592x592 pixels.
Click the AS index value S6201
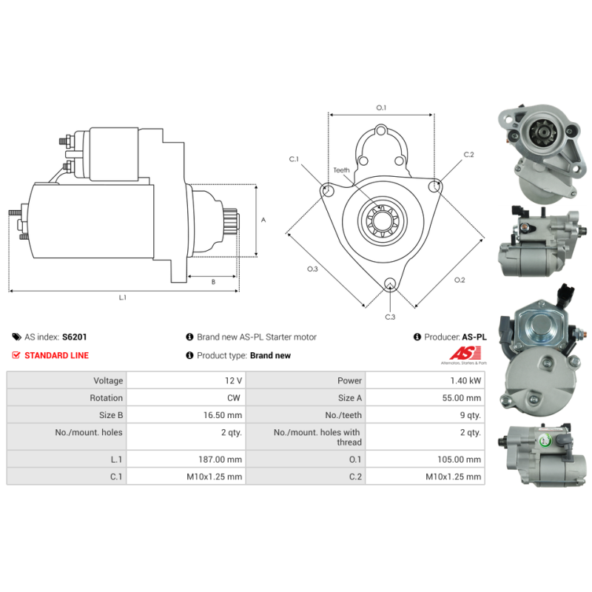point(75,337)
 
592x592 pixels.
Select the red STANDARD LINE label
point(57,355)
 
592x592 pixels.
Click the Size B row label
point(111,415)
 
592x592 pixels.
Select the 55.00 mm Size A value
point(461,398)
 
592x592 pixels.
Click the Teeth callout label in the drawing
point(341,170)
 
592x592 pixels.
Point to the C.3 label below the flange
point(390,317)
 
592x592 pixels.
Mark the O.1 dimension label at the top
point(381,108)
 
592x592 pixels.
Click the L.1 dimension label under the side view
point(123,298)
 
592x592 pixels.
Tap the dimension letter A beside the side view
point(263,220)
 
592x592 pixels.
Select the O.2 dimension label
point(460,280)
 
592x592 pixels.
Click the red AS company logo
point(465,355)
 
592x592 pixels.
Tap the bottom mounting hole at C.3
point(390,283)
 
